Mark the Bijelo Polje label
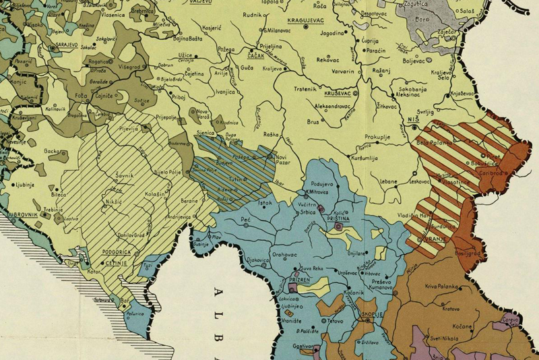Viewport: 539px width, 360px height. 169,173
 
